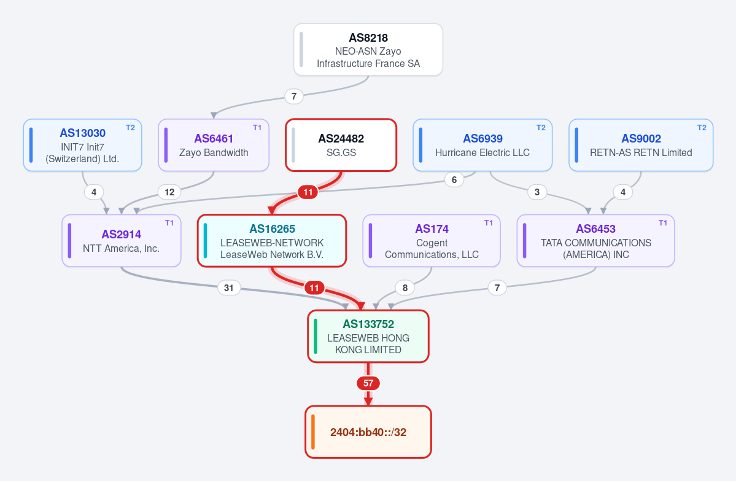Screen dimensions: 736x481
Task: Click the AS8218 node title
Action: [368, 38]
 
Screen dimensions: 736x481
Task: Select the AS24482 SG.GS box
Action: [341, 145]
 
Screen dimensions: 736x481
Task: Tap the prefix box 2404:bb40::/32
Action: [368, 432]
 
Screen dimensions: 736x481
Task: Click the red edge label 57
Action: [368, 383]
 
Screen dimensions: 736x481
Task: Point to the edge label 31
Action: [228, 287]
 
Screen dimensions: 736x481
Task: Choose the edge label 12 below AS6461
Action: [169, 192]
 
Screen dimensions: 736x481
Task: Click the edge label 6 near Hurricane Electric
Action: [454, 179]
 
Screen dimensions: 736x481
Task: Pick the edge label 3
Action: [537, 192]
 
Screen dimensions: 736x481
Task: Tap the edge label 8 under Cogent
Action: [405, 287]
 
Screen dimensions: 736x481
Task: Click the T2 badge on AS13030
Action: [131, 128]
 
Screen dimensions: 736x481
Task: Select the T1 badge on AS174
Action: [489, 222]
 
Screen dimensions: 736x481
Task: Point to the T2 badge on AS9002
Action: [702, 128]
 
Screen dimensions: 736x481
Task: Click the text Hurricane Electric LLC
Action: [482, 153]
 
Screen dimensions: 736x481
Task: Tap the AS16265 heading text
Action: [273, 229]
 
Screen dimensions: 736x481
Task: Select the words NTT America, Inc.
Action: [121, 248]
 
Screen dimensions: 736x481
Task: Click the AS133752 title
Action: [368, 324]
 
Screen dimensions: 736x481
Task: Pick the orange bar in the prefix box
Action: [312, 432]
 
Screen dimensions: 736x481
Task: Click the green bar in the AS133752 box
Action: [316, 336]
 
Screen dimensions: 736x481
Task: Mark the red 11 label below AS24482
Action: [308, 192]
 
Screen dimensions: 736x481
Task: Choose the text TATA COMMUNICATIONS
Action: [595, 243]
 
